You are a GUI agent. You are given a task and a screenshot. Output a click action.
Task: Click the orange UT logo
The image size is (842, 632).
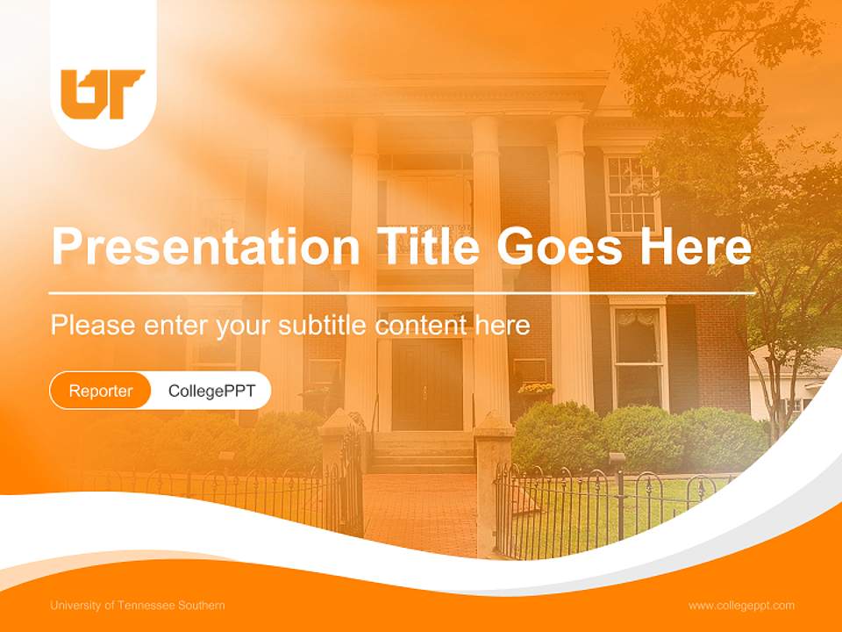tap(102, 93)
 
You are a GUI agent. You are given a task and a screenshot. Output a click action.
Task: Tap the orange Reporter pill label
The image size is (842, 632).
tap(101, 391)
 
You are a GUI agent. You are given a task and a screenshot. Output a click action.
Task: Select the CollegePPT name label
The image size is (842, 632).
tap(211, 391)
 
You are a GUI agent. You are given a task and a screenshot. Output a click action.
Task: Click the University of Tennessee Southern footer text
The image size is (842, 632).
tap(138, 606)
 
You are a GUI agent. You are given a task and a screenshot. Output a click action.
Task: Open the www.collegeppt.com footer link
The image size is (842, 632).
tap(741, 606)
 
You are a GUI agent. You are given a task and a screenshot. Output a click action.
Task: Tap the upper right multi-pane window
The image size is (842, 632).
tap(631, 194)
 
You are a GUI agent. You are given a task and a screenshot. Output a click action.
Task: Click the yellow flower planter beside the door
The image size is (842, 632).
tap(536, 389)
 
